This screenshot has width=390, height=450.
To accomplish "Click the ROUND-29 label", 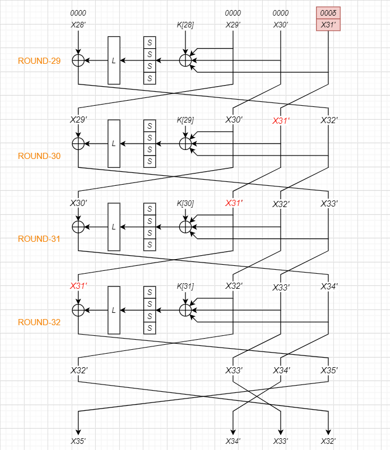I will click(39, 61).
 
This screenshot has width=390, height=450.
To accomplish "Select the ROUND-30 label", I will click(39, 156).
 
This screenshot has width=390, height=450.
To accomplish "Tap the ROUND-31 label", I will click(39, 239).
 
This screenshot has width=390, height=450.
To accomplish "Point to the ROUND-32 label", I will click(39, 322).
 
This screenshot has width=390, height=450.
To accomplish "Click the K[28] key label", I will click(185, 25).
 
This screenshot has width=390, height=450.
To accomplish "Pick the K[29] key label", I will click(185, 120).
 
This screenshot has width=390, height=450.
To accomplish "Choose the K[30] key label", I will click(185, 203).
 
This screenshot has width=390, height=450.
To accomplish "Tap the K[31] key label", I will click(185, 287).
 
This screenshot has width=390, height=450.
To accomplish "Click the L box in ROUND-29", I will click(114, 60).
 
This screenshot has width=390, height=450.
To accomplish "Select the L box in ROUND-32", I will click(114, 310).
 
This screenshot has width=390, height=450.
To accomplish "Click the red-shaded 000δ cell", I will click(328, 13).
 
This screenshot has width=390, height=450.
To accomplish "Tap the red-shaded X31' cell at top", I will click(328, 25).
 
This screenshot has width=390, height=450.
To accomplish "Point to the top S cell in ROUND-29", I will click(150, 43).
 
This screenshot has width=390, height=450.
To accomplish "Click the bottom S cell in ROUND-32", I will click(150, 328).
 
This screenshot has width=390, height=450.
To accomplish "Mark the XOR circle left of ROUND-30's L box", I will click(78, 144).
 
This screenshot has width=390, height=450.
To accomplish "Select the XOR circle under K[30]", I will click(185, 227).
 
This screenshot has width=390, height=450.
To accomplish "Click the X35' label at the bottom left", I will click(78, 441).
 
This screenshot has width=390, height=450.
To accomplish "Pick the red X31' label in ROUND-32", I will click(78, 287).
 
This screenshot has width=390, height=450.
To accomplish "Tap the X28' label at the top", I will click(78, 25).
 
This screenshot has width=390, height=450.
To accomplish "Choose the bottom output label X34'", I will click(233, 441).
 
